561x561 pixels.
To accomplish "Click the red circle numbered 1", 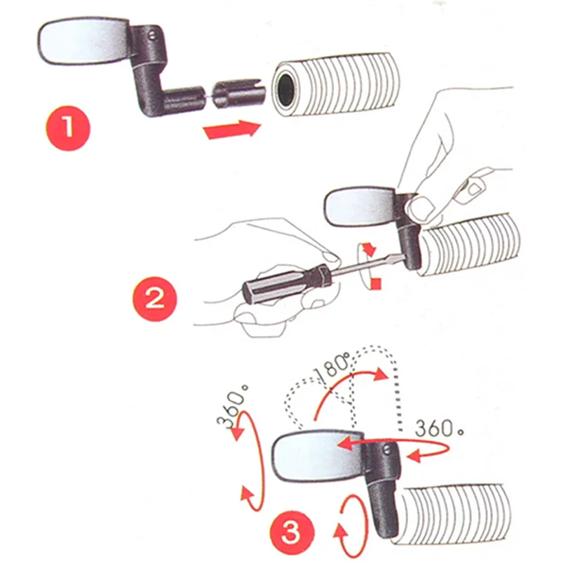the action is click(68, 128).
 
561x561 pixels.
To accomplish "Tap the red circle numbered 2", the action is click(155, 299).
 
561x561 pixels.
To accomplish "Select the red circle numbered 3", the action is click(292, 533).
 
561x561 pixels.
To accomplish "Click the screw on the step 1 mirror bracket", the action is click(153, 34).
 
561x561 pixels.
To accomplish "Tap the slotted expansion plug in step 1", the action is click(238, 95).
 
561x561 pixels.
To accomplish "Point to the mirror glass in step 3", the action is click(318, 457).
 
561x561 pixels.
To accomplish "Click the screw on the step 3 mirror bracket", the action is click(386, 450).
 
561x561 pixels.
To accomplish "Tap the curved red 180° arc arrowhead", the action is click(380, 374).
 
